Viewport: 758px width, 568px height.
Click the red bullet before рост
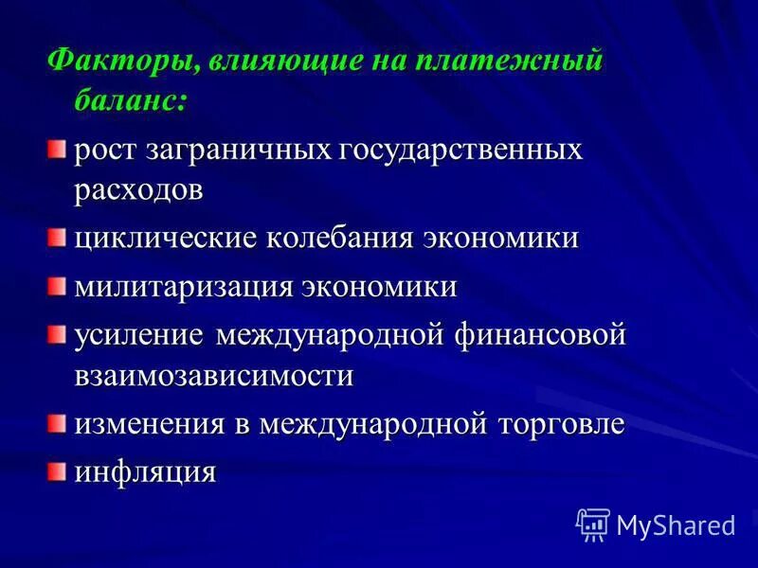point(59,148)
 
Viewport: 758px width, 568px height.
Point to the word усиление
point(140,335)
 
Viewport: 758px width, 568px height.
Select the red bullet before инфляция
point(59,469)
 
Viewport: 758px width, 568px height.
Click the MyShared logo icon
point(593,524)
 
